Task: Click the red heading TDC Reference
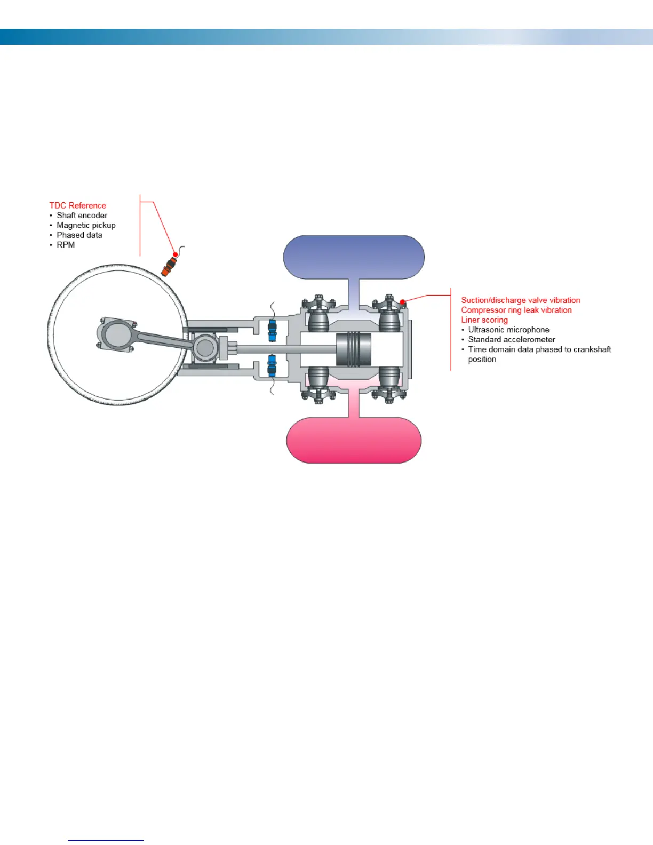[x=77, y=205]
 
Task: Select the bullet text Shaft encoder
[x=82, y=216]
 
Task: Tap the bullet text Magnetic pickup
[x=86, y=225]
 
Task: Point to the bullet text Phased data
[x=79, y=235]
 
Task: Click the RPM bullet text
[x=66, y=245]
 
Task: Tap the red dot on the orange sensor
[x=175, y=254]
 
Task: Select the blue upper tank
[x=353, y=257]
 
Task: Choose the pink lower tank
[x=353, y=441]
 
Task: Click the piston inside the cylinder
[x=353, y=349]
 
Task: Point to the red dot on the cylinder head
[x=402, y=302]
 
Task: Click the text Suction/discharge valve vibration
[x=520, y=300]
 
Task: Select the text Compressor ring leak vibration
[x=516, y=310]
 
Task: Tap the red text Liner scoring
[x=484, y=320]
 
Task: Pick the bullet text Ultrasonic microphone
[x=508, y=330]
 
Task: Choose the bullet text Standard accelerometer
[x=511, y=340]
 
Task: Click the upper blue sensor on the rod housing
[x=272, y=330]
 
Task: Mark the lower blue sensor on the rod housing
[x=272, y=366]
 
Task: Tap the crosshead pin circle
[x=204, y=348]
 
